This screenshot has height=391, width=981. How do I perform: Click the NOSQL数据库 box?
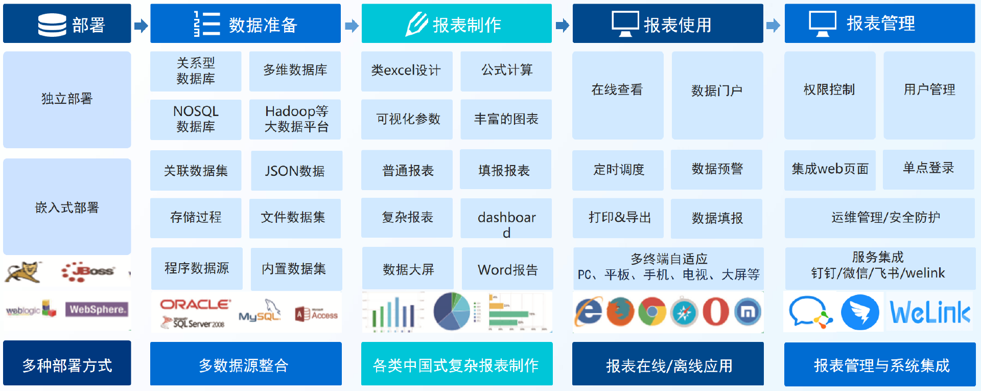196,119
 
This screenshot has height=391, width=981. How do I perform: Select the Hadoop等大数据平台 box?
295,119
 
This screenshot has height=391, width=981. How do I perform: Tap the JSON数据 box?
296,170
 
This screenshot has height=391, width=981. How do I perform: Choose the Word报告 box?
507,269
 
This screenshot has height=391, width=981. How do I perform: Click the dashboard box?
506,218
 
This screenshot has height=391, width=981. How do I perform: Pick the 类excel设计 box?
407,71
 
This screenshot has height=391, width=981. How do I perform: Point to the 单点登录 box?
928,169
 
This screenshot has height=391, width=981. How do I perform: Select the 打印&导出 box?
618,218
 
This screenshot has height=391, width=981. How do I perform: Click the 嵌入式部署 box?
67,206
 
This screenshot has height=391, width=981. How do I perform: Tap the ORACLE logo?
195,305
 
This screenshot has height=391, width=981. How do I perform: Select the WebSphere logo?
97,309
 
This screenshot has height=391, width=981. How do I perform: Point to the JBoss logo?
88,271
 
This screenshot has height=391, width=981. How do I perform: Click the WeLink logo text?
930,312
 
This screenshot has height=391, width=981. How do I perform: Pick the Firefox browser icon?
620,311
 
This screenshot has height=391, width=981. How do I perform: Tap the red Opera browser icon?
716,311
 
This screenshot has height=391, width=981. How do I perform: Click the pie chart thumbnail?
452,311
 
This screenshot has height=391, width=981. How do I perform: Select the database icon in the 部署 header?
52,25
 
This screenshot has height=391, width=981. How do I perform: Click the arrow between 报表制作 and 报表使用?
563,25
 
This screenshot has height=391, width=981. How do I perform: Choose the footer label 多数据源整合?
244,365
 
